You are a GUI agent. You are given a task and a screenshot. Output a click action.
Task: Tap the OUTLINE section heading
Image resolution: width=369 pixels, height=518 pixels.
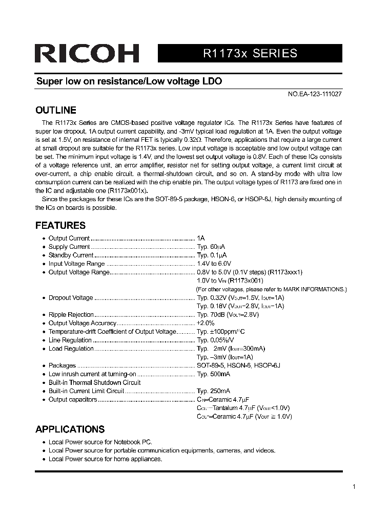(x=56, y=110)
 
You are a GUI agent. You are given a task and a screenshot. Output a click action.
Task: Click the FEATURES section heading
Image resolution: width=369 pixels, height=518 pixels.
(x=60, y=225)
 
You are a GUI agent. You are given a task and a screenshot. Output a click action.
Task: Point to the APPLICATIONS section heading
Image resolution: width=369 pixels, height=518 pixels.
(x=70, y=429)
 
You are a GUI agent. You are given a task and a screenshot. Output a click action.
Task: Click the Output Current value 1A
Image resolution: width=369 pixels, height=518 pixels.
(x=201, y=239)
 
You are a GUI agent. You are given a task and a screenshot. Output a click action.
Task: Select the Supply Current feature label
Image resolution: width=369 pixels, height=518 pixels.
(x=69, y=247)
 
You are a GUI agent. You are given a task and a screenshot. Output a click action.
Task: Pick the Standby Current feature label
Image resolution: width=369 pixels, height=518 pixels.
(x=71, y=255)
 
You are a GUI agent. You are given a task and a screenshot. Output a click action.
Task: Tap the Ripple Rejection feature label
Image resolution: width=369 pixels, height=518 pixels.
(x=71, y=315)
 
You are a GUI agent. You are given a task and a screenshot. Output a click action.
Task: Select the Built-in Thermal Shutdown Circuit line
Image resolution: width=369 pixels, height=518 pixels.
(x=95, y=382)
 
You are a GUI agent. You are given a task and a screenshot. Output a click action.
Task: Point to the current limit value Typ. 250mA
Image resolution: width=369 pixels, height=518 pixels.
(x=214, y=391)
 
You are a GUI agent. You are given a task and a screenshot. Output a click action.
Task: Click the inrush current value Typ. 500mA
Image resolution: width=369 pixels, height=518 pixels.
(x=214, y=374)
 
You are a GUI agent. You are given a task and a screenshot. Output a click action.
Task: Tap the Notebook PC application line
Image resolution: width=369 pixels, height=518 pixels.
(x=100, y=442)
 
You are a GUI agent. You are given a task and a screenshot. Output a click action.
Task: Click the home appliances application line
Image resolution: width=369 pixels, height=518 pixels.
(x=105, y=459)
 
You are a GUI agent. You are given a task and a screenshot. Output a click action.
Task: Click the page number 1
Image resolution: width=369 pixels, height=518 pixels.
(x=354, y=487)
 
